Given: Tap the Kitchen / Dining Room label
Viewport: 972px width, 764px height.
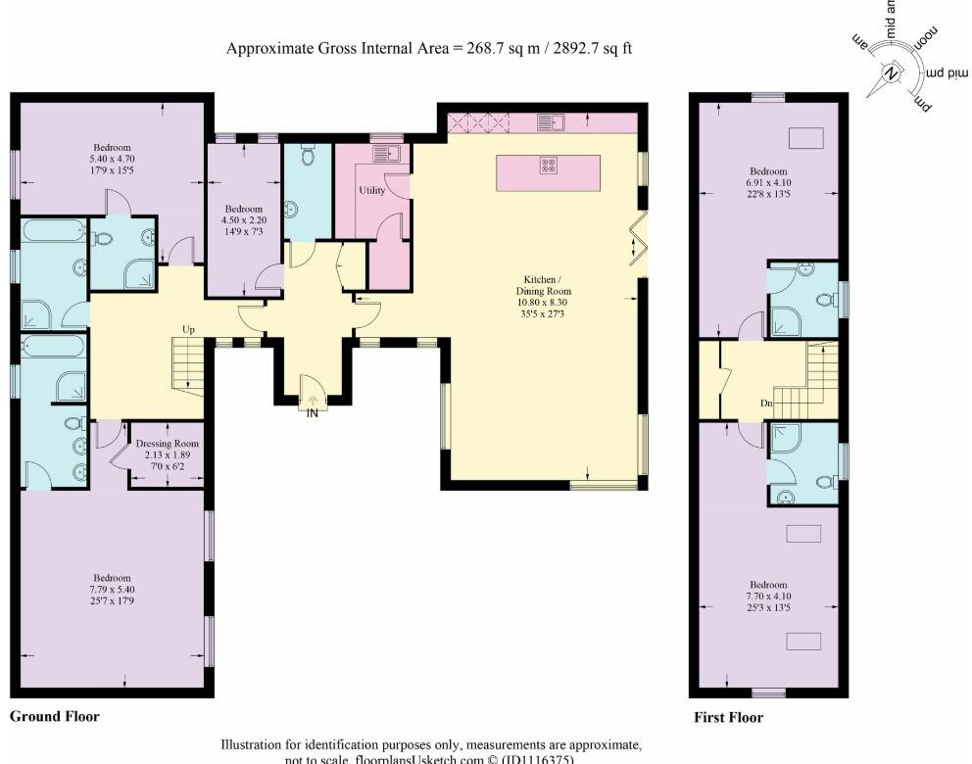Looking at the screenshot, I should tap(544, 284).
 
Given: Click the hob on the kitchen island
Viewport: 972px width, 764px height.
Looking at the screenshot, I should tap(549, 167).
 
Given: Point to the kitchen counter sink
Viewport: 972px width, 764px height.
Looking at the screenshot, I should tap(557, 122).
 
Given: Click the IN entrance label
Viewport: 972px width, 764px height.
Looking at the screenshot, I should tap(313, 413).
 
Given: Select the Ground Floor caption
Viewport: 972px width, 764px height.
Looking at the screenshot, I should tap(55, 716).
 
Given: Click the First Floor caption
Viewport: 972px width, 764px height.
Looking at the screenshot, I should tap(728, 717).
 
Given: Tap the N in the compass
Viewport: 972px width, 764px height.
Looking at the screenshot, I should tap(891, 73).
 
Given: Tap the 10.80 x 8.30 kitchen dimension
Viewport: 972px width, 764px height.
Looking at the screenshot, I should tap(544, 304).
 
